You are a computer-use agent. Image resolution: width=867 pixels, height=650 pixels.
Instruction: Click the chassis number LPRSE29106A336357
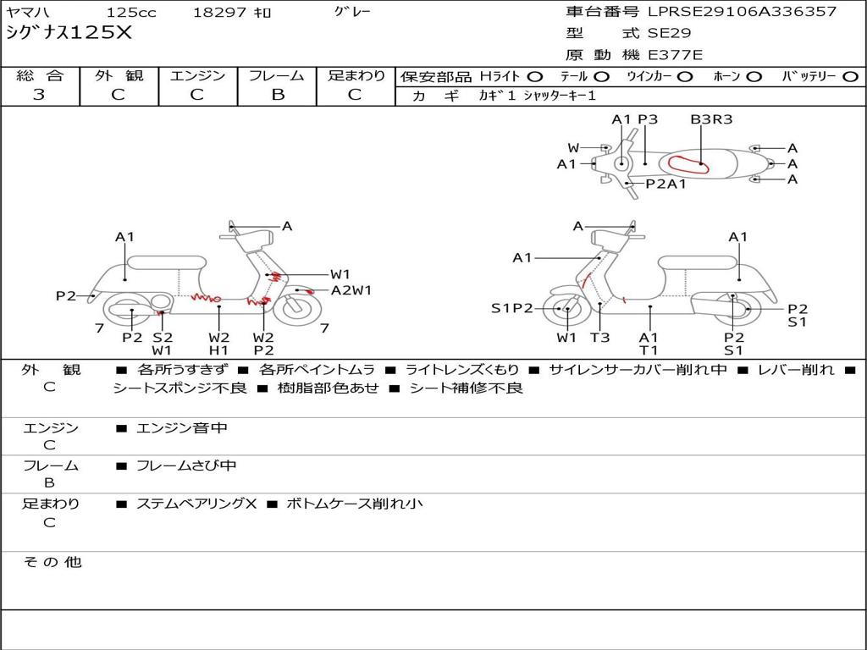pos(742,11)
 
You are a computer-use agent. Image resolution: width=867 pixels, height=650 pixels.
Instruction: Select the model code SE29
pos(669,33)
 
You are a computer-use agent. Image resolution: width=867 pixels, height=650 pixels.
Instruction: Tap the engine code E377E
pos(675,55)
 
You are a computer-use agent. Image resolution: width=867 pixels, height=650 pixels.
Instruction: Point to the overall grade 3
pos(39,95)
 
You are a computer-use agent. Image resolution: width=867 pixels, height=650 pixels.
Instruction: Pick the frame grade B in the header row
pos(278,95)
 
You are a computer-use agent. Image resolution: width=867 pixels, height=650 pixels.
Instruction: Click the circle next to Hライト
pos(535,77)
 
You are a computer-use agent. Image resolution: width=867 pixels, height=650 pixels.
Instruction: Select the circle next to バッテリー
pos(850,77)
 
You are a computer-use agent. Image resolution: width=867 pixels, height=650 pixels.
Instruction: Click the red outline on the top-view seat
pos(688,165)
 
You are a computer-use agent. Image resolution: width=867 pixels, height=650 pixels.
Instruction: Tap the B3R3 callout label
pos(711,119)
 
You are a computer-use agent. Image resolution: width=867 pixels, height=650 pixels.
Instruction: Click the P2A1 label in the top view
pos(665,184)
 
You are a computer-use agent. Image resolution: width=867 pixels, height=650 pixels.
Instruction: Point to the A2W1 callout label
pos(351,290)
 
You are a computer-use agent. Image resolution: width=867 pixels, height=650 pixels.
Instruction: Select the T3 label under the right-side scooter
pos(600,337)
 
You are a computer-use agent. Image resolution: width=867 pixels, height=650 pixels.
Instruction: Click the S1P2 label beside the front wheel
pos(512,308)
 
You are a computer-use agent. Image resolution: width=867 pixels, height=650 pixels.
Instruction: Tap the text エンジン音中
pos(181,427)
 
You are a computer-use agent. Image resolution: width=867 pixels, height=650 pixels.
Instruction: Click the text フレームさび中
pos(186,466)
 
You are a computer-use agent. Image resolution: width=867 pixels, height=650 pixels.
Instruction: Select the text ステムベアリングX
pos(196,504)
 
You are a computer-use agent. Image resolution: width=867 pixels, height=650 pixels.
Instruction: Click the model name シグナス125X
pos(69,33)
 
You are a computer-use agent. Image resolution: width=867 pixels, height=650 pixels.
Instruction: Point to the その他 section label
pos(52,562)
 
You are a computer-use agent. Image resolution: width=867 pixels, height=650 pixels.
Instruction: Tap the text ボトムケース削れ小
pos(355,504)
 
